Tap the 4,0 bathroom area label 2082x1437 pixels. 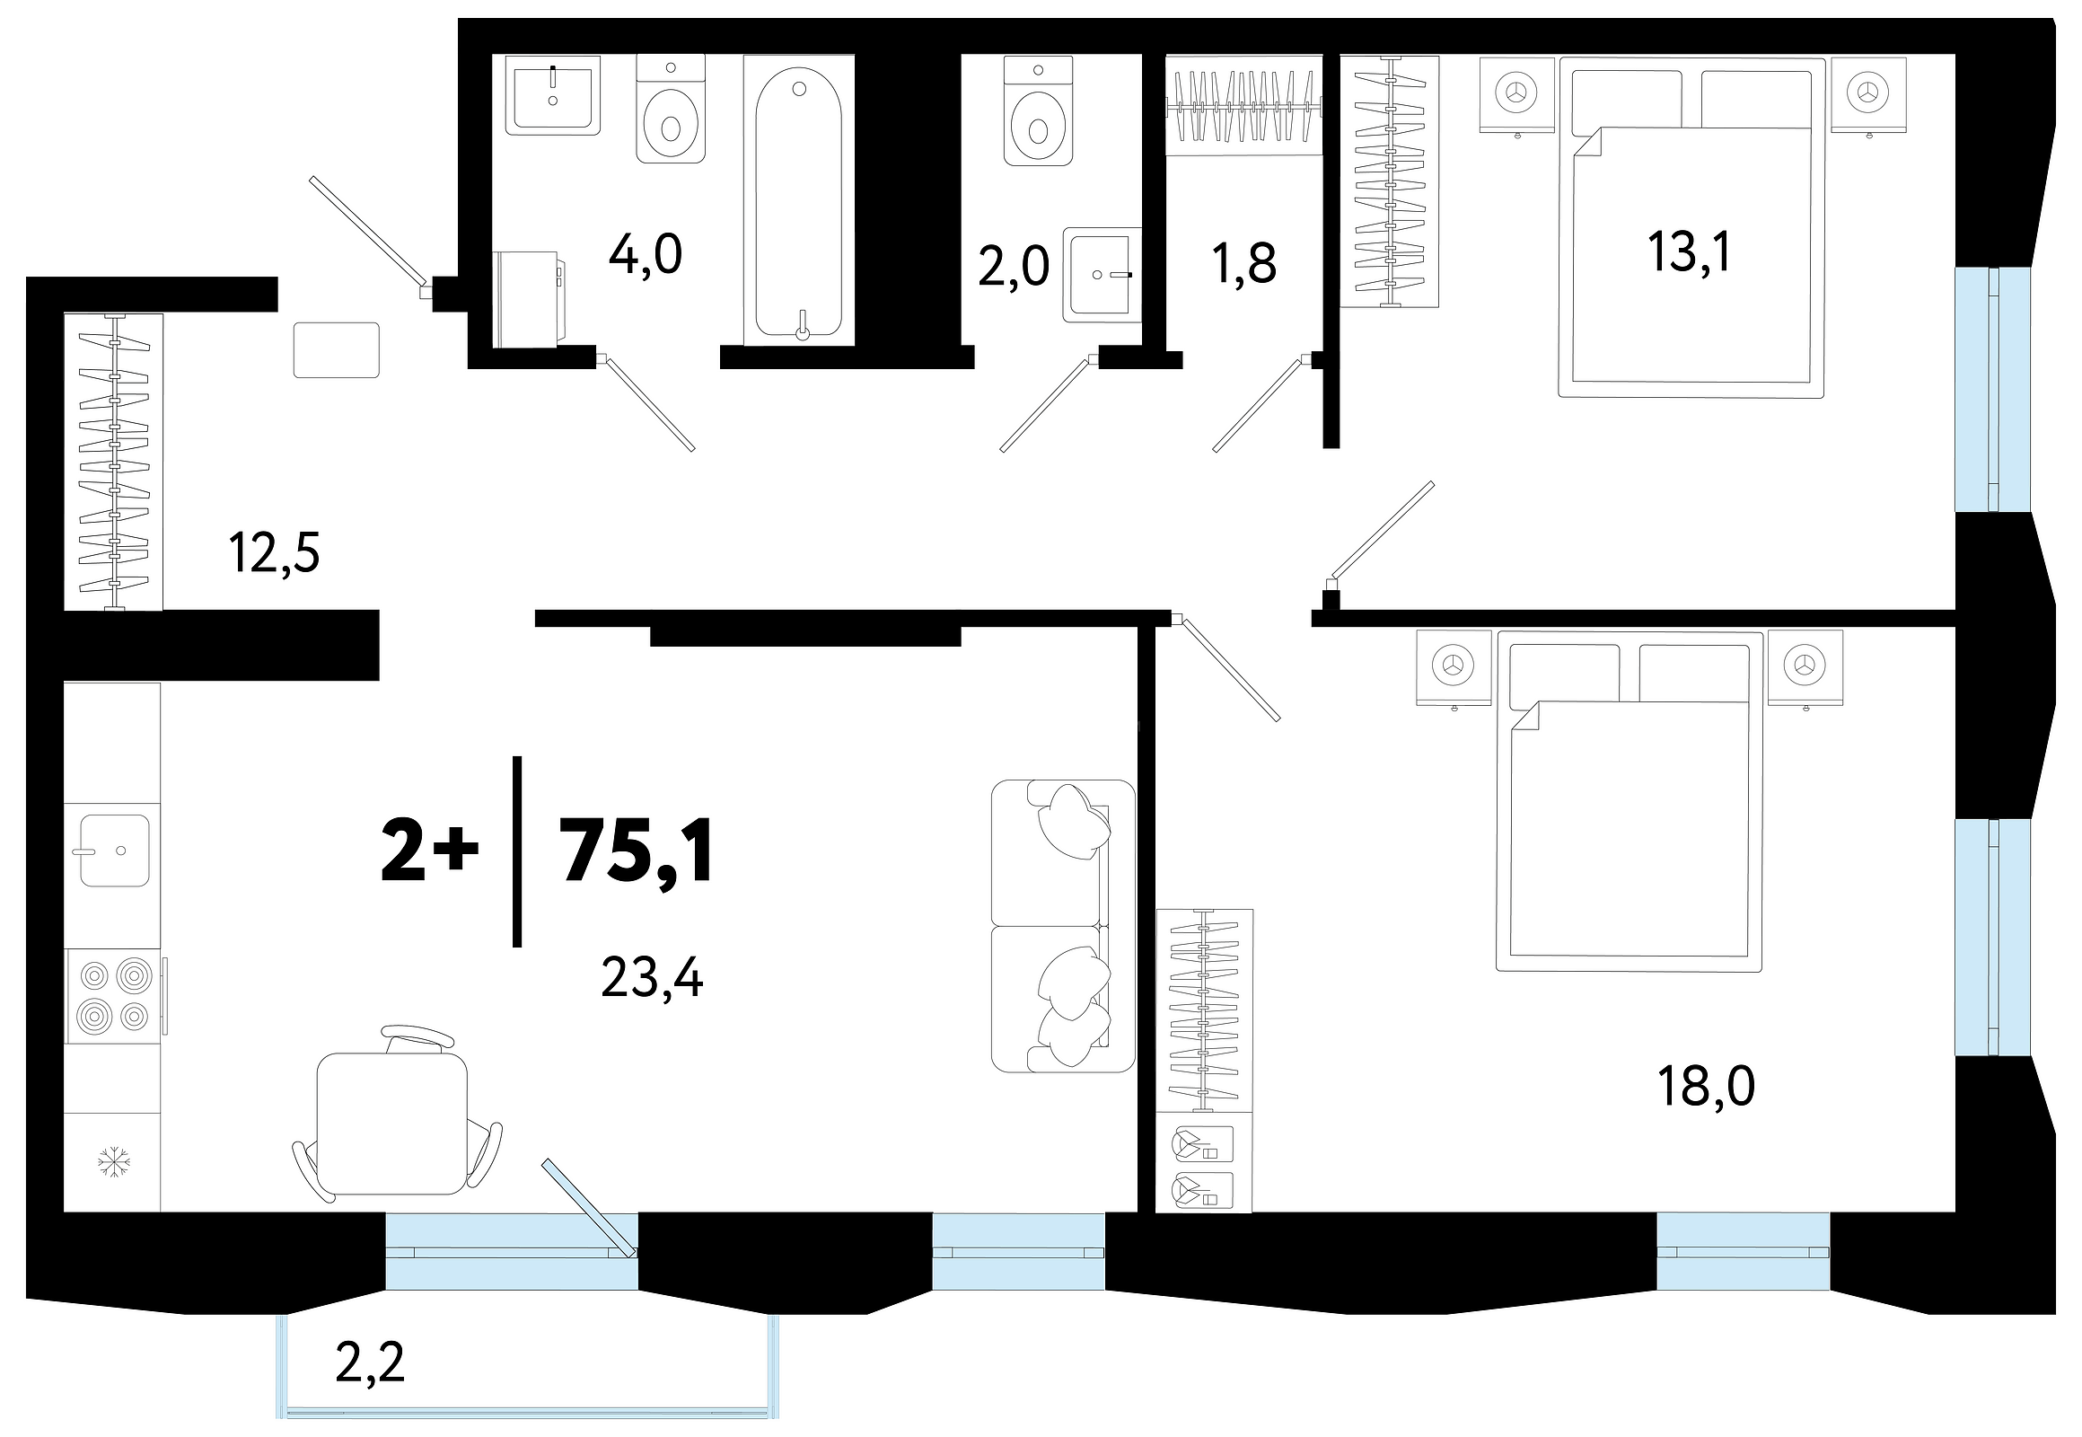click(646, 254)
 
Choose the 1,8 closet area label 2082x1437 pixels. click(1245, 264)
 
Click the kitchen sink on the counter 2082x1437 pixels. click(114, 850)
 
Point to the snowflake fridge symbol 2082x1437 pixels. click(113, 1161)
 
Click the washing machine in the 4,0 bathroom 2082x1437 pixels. click(530, 299)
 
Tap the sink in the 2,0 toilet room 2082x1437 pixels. click(1102, 275)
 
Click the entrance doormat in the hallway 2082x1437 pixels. click(337, 350)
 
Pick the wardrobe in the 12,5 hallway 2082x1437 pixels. click(113, 462)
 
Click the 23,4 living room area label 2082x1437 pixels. click(652, 978)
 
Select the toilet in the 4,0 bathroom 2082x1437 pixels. click(671, 108)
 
